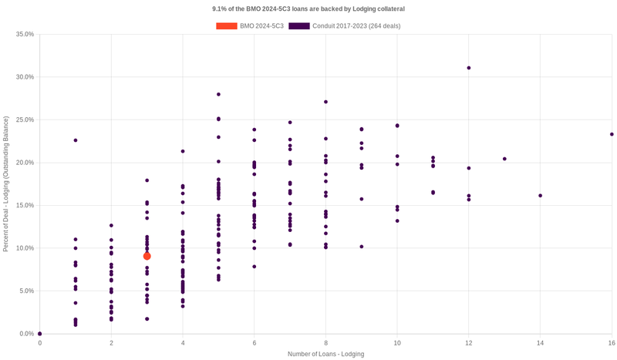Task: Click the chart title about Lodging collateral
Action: [308, 8]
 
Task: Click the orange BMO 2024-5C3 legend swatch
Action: [227, 26]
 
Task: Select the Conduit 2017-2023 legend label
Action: [356, 26]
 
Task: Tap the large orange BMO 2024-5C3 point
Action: [147, 256]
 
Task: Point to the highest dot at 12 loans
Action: [469, 68]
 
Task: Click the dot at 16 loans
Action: [612, 134]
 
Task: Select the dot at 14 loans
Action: [540, 196]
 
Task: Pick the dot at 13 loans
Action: [504, 159]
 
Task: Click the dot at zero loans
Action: [40, 334]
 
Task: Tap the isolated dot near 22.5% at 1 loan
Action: [76, 140]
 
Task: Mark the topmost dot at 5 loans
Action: [219, 94]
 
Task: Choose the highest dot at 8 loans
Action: [325, 102]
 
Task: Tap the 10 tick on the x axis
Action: [397, 342]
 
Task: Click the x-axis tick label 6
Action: [255, 342]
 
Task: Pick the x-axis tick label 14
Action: [540, 342]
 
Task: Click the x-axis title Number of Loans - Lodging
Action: [325, 354]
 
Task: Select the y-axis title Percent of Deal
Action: [6, 183]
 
